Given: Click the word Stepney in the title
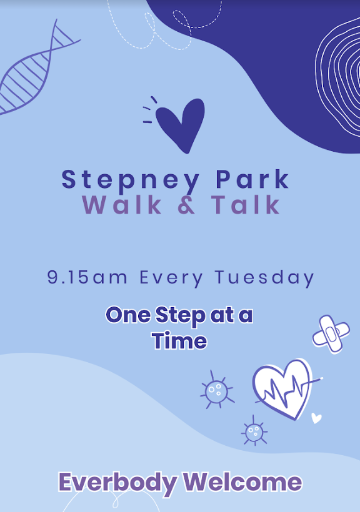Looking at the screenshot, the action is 131,180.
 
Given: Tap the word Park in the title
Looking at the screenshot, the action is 252,179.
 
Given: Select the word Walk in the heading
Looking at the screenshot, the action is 122,205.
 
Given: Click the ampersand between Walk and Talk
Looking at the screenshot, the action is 187,205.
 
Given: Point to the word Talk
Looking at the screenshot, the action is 246,205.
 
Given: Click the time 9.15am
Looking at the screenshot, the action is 87,277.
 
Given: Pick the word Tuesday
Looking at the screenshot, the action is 264,278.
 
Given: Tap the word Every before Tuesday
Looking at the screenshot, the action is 171,278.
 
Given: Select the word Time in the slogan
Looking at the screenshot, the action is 179,341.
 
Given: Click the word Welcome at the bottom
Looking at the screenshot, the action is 242,482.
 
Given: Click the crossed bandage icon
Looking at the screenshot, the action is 331,333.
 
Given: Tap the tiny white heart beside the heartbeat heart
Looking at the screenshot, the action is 316,418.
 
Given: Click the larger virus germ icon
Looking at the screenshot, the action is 217,390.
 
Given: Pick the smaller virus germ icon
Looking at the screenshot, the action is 254,431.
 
